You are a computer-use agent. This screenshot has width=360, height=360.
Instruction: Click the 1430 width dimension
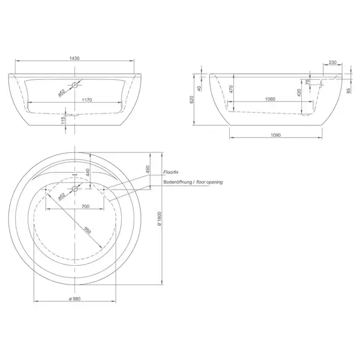(x=74, y=58)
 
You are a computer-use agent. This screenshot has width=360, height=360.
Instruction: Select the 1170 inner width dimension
(x=87, y=100)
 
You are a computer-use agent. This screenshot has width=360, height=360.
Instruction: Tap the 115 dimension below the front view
(x=63, y=121)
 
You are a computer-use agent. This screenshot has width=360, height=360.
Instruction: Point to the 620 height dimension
(x=192, y=100)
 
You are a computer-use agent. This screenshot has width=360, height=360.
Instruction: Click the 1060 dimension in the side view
(x=270, y=99)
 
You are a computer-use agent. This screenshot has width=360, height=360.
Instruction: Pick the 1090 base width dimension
(x=275, y=135)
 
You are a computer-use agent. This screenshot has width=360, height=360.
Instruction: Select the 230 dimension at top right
(x=332, y=62)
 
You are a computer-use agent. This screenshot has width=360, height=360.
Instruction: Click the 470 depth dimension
(x=231, y=89)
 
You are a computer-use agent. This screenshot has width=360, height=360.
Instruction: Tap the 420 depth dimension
(x=299, y=93)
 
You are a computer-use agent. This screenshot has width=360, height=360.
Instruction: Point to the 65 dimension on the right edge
(x=349, y=91)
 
